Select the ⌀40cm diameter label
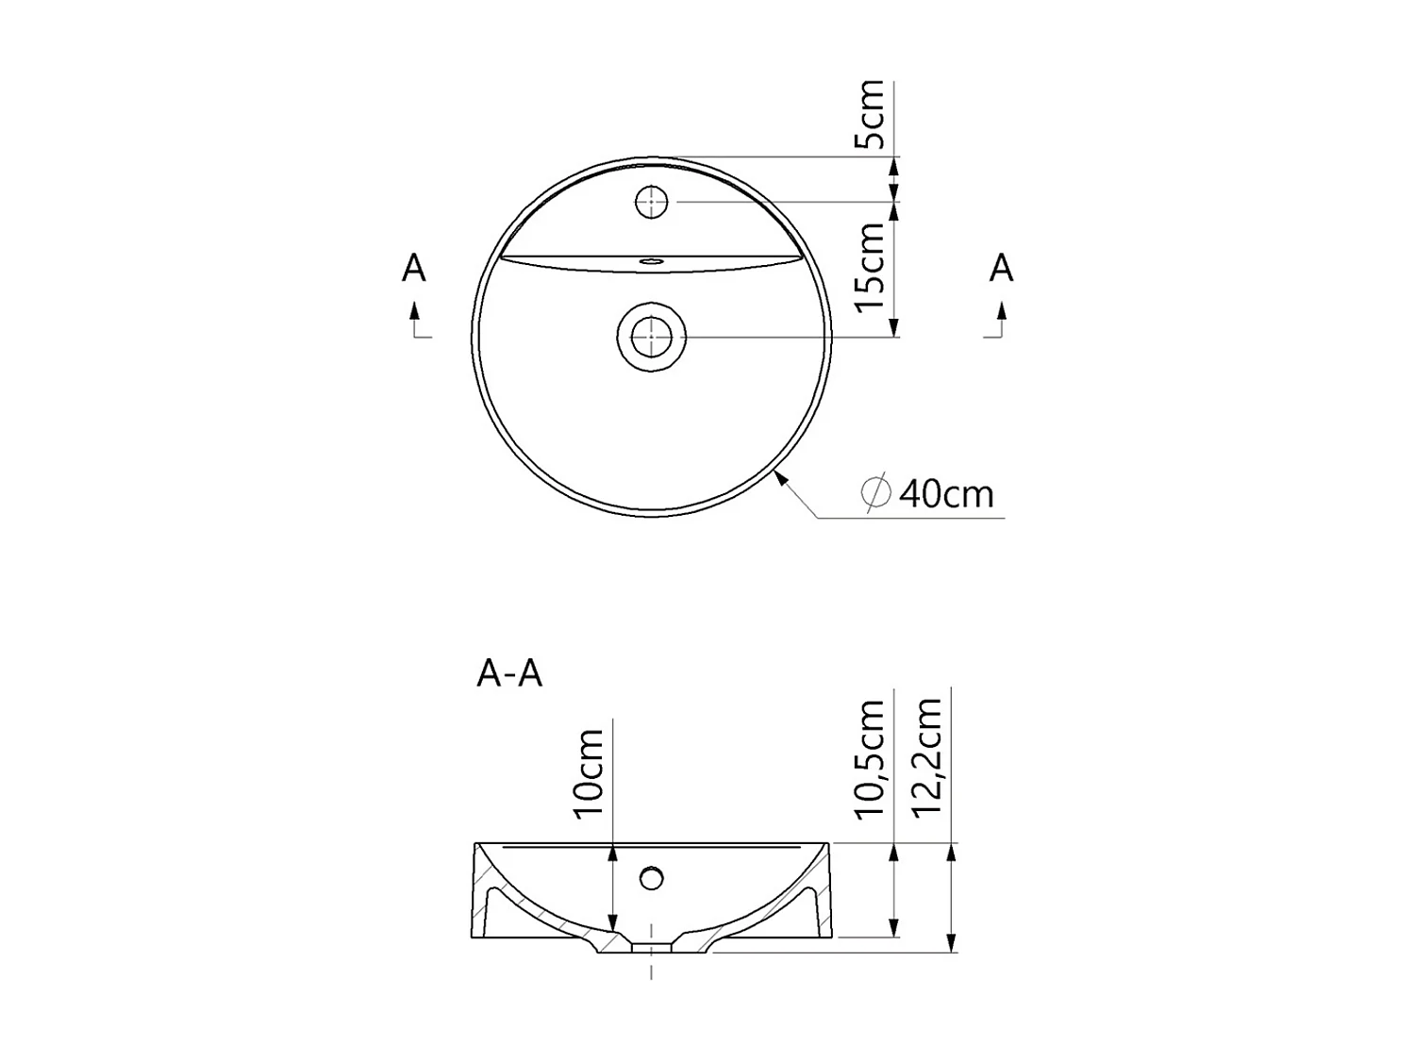pos(929,493)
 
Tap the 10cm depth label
pos(589,772)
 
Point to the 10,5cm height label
pos(871,760)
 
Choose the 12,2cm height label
pos(927,757)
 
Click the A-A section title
pos(509,673)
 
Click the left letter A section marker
pos(413,269)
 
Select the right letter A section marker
pos(1001,269)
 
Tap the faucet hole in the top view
pos(651,202)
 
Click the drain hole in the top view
pos(651,337)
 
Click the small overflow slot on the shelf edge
pos(651,259)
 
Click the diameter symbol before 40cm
pos(876,493)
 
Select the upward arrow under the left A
pos(413,311)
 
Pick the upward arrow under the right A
pos(1001,311)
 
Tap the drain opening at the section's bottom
pos(651,947)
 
